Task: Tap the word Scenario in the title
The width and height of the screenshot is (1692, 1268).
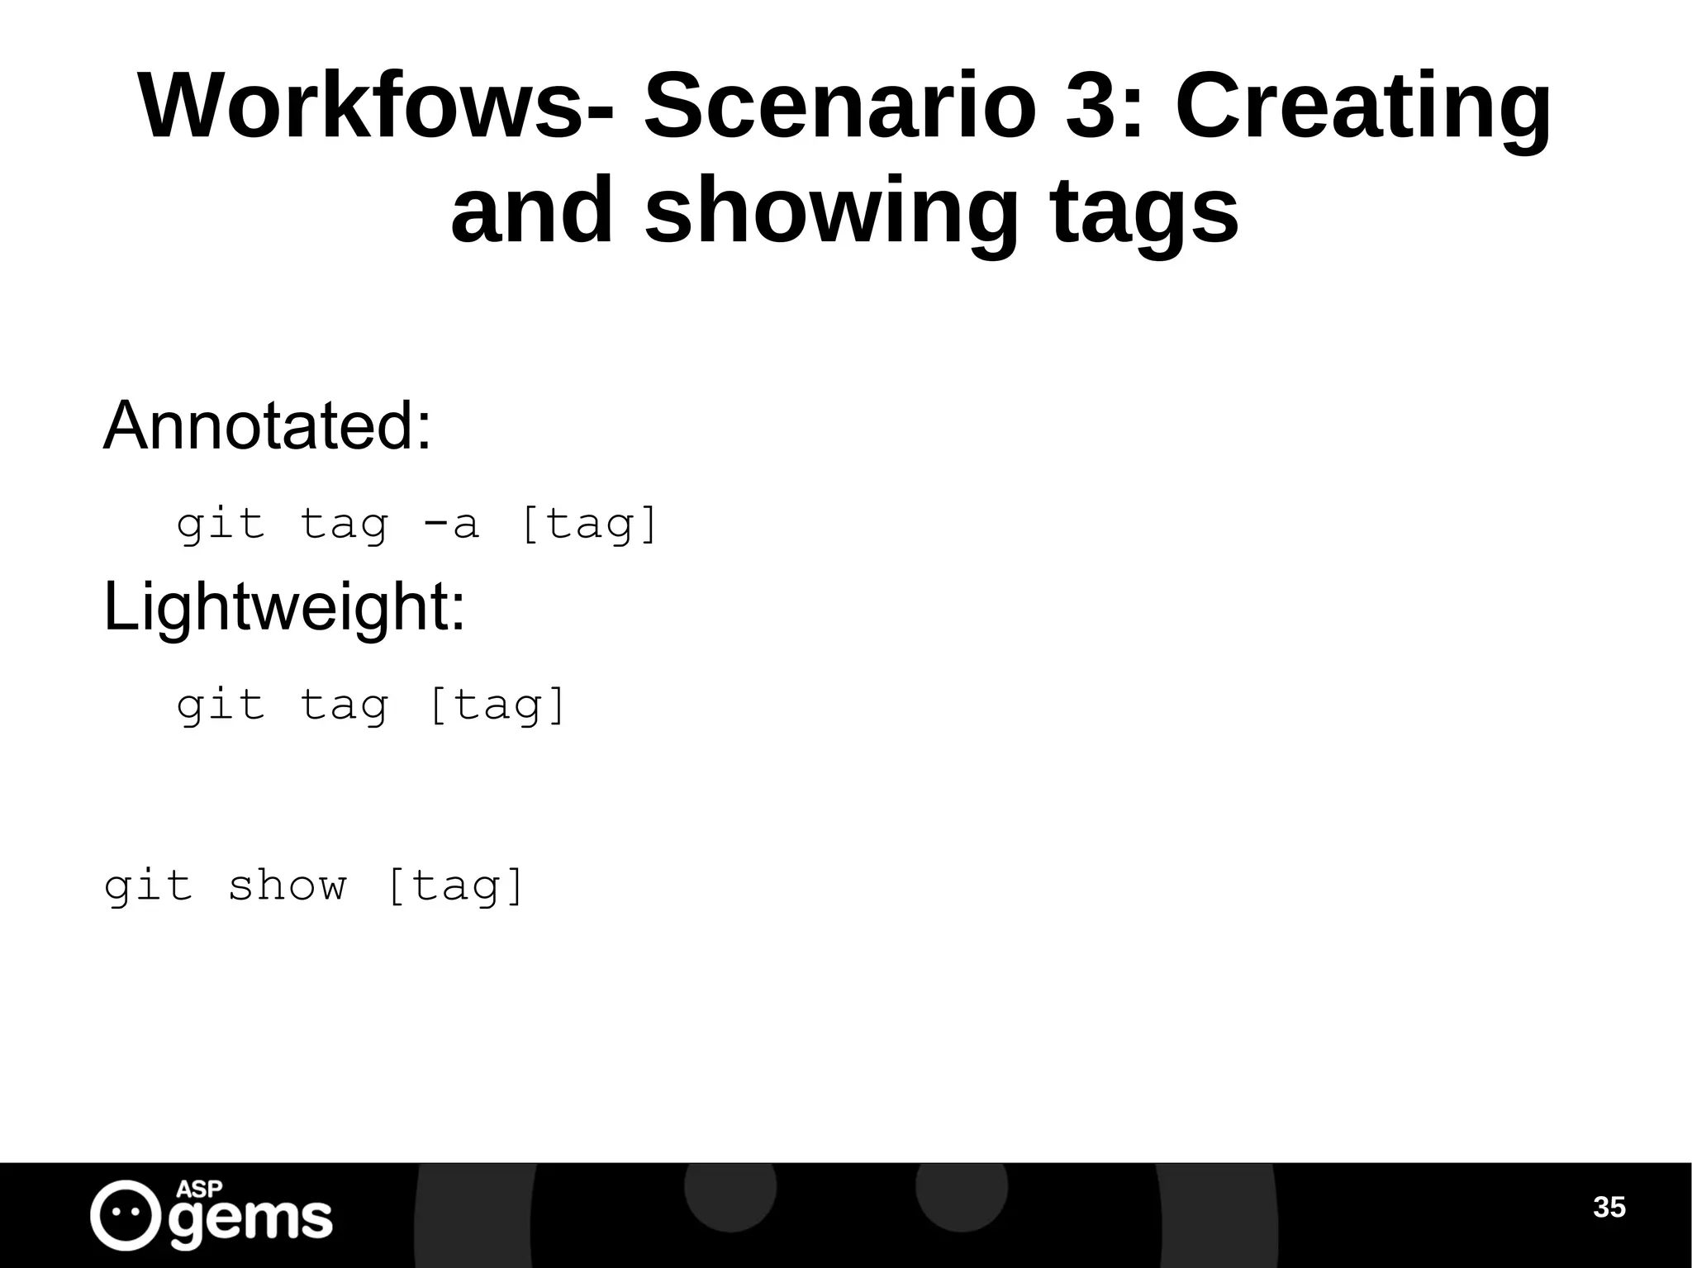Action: point(839,107)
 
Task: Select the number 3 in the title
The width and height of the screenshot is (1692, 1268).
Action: point(1091,107)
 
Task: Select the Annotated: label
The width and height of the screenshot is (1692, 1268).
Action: point(267,425)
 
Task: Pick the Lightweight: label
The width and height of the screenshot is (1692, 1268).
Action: point(284,607)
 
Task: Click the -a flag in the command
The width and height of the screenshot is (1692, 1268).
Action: point(451,524)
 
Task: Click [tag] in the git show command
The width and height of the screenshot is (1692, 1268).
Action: point(455,887)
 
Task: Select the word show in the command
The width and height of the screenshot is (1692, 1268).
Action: point(287,886)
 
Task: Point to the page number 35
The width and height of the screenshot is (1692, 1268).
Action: point(1609,1208)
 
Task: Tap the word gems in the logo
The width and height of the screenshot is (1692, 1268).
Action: point(251,1220)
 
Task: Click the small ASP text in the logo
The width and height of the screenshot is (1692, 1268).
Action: point(199,1189)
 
